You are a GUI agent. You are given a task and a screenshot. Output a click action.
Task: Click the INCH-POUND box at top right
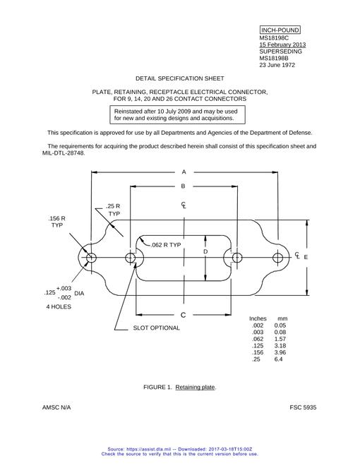tap(280, 30)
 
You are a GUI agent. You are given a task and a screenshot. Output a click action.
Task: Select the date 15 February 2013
tap(282, 44)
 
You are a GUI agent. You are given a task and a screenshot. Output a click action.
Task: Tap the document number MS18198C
tap(274, 37)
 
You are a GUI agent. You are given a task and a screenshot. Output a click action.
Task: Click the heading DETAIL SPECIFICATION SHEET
tap(180, 78)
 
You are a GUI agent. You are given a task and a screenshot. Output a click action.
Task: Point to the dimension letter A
tap(184, 172)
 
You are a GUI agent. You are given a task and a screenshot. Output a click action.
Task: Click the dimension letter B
tap(183, 186)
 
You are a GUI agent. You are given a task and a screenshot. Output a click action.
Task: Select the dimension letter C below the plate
tap(183, 315)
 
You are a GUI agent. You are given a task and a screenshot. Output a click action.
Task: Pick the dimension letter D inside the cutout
tap(205, 252)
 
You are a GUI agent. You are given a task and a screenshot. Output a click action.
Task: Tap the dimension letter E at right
tap(306, 257)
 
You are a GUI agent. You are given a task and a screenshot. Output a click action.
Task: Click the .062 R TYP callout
tap(166, 245)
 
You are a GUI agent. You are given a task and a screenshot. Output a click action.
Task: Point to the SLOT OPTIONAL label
tap(156, 328)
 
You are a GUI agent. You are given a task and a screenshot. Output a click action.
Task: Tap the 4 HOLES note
tap(59, 306)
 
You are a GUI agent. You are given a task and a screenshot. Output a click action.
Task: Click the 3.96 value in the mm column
tap(280, 352)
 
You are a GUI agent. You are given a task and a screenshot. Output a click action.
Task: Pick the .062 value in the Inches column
tap(258, 339)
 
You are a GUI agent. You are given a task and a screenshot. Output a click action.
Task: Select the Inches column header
tap(258, 318)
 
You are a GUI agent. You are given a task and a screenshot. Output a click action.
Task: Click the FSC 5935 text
tap(303, 407)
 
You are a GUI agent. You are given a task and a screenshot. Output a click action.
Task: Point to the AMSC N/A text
tap(56, 407)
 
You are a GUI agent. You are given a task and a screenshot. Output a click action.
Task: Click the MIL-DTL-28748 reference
tap(64, 153)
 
